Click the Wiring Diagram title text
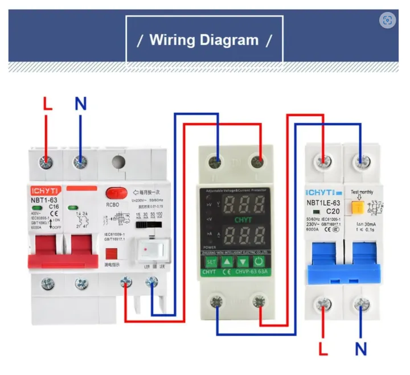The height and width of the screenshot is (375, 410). [x=204, y=40]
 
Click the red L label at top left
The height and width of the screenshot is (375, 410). [x=47, y=104]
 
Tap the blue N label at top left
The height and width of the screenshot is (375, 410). [x=81, y=104]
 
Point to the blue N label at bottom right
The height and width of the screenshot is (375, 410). [x=360, y=347]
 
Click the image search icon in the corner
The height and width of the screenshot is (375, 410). [x=387, y=20]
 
